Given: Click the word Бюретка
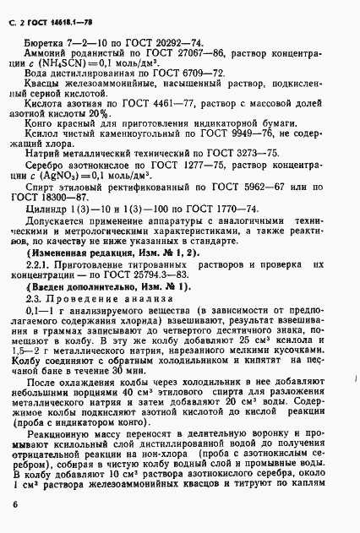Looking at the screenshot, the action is [x=46, y=40].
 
